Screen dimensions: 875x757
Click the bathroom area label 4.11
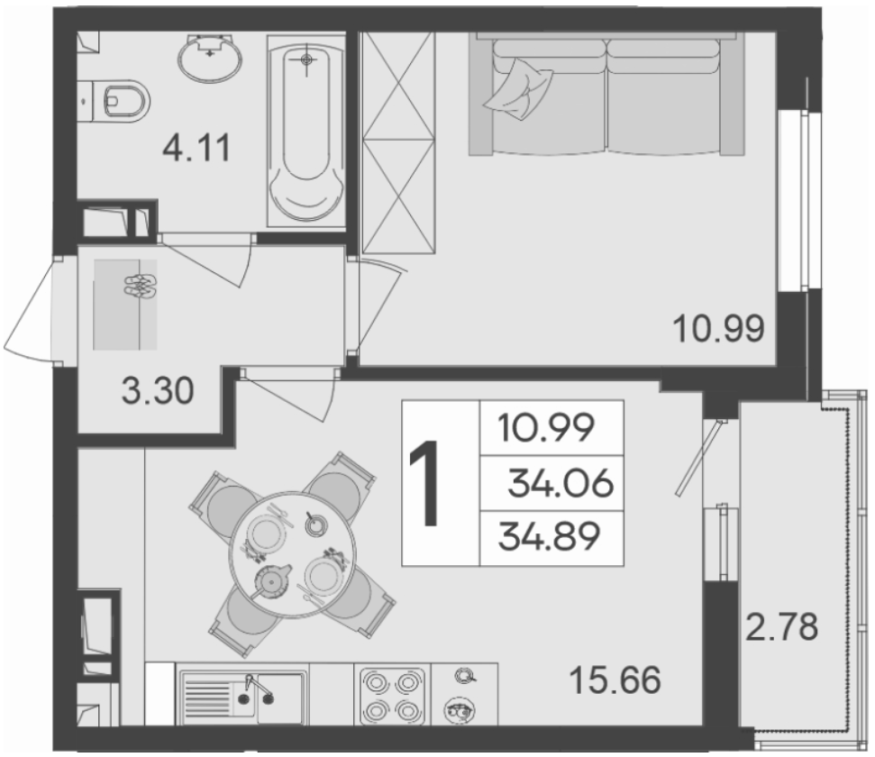pyautogui.click(x=196, y=149)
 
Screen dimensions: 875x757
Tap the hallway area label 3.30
pyautogui.click(x=158, y=390)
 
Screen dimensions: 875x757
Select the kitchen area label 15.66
pyautogui.click(x=615, y=680)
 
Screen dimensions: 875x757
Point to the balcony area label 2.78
pyautogui.click(x=782, y=626)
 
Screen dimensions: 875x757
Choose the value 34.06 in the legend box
pyautogui.click(x=561, y=483)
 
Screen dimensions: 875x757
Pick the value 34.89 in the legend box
pyautogui.click(x=549, y=536)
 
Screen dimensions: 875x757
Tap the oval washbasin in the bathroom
pyautogui.click(x=210, y=57)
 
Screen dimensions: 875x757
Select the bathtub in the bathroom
pyautogui.click(x=305, y=132)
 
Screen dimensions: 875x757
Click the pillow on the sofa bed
pyautogui.click(x=519, y=89)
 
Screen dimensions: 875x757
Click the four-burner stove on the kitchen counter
pyautogui.click(x=393, y=695)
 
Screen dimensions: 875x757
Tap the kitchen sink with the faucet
pyautogui.click(x=242, y=695)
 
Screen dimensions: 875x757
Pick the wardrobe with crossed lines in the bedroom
pyautogui.click(x=398, y=143)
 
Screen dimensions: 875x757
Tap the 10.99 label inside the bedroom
pyautogui.click(x=719, y=329)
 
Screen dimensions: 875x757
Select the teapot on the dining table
pyautogui.click(x=272, y=580)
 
